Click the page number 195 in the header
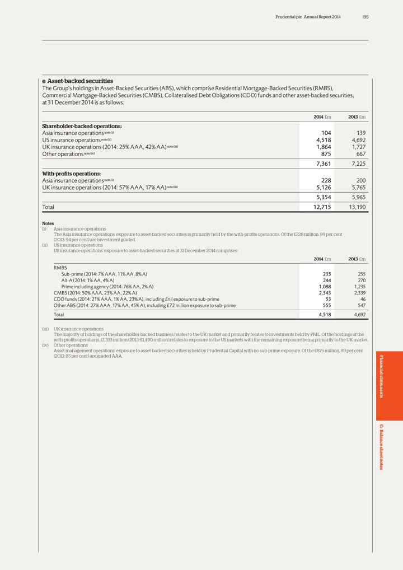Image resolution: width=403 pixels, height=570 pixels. tap(365, 17)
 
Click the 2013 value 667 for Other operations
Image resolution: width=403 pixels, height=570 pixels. tap(359, 154)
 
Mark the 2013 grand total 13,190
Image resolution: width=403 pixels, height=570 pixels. tap(354, 207)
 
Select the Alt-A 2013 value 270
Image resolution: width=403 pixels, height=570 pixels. tap(361, 281)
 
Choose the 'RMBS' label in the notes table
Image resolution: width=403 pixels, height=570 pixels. tap(60, 268)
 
